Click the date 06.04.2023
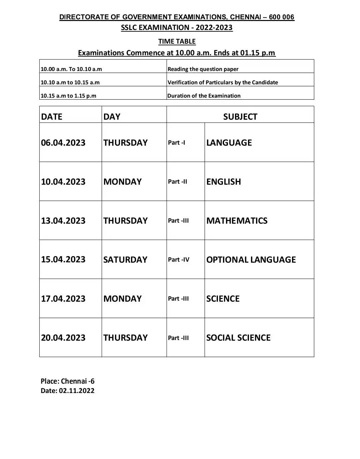pyautogui.click(x=63, y=143)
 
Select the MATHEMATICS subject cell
pyautogui.click(x=237, y=221)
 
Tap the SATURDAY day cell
pyautogui.click(x=125, y=260)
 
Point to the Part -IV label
pyautogui.click(x=178, y=260)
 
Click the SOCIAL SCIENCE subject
pyautogui.click(x=238, y=338)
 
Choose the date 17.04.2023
pyautogui.click(x=63, y=299)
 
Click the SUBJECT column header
pyautogui.click(x=240, y=117)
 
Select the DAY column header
pyautogui.click(x=112, y=117)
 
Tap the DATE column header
pyautogui.click(x=52, y=117)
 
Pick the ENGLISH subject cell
pyautogui.click(x=223, y=182)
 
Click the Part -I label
pyautogui.click(x=176, y=143)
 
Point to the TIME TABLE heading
pyautogui.click(x=177, y=41)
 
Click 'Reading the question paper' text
pyautogui.click(x=203, y=69)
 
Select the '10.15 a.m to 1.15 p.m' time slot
pyautogui.click(x=68, y=96)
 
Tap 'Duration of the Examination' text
pyautogui.click(x=204, y=96)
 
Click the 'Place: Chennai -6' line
pyautogui.click(x=67, y=381)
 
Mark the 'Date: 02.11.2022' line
pyautogui.click(x=67, y=391)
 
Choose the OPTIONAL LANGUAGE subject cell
pyautogui.click(x=251, y=260)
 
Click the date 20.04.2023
pyautogui.click(x=63, y=338)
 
